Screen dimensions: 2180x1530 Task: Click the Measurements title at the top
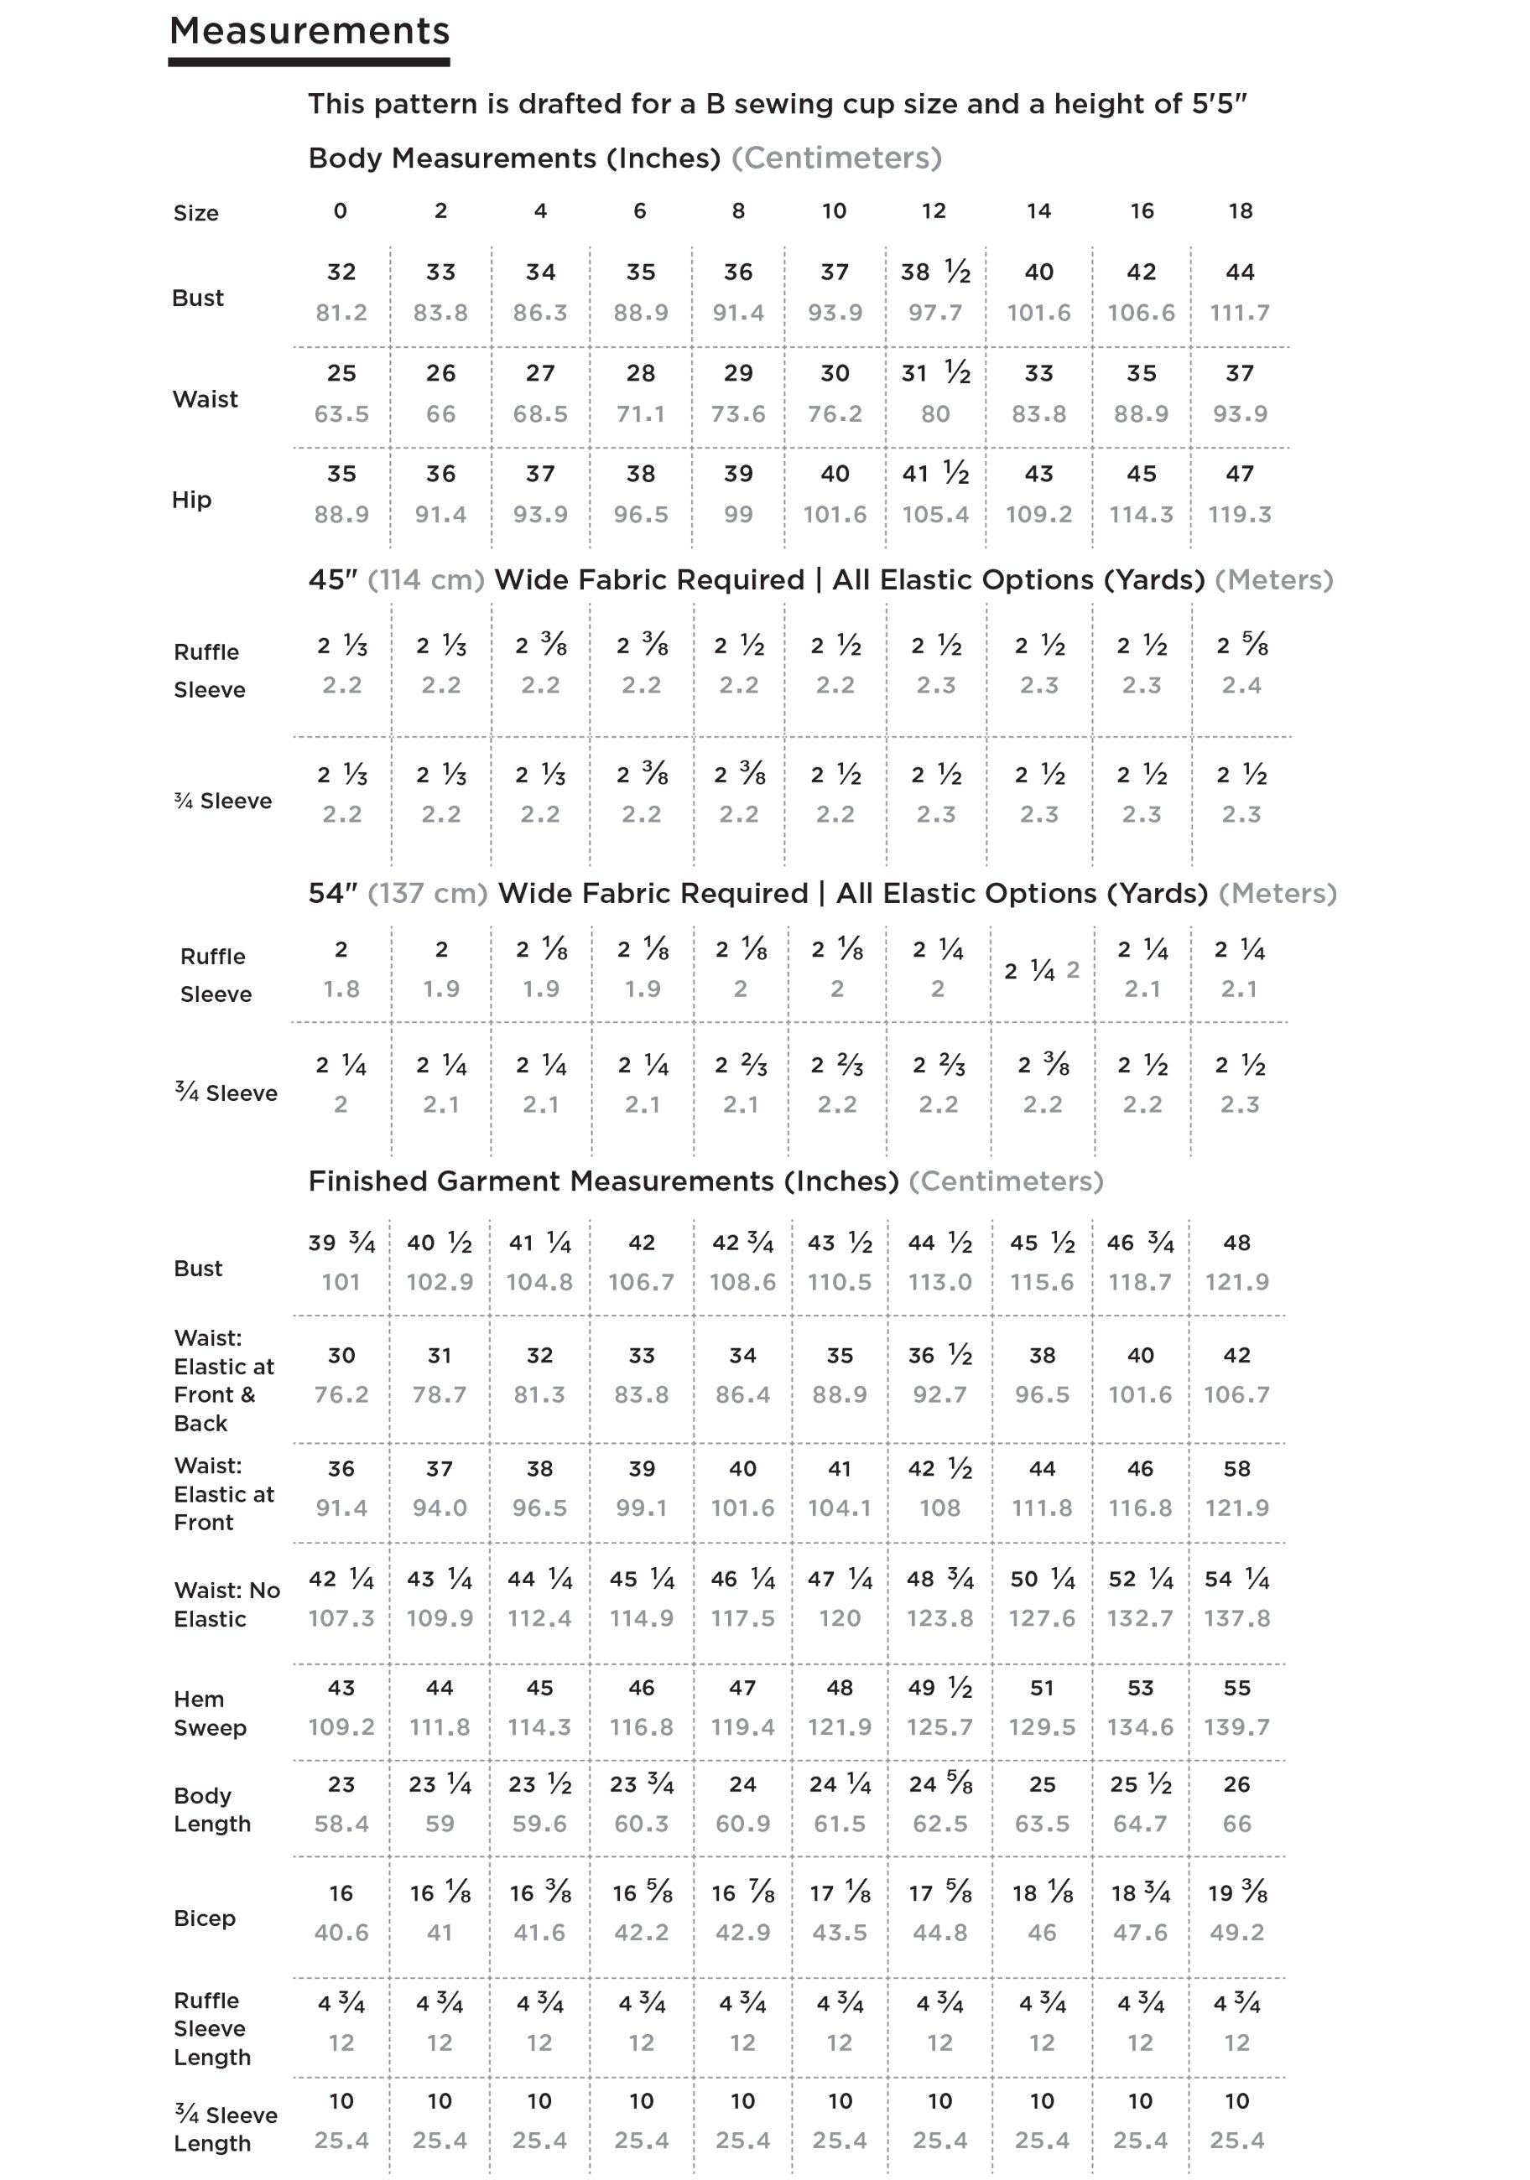(309, 31)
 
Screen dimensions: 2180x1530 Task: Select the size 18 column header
(1241, 210)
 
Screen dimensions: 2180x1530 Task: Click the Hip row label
(191, 500)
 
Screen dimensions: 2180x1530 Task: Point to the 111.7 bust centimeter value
(1240, 313)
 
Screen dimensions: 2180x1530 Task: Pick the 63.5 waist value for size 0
(341, 414)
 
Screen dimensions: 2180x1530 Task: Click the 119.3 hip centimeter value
(1240, 515)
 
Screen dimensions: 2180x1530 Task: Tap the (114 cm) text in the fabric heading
(425, 579)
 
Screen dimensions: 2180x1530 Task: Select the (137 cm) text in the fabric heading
(427, 894)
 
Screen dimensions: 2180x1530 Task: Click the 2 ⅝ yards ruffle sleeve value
(1241, 646)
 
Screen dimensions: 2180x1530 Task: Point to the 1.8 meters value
(341, 989)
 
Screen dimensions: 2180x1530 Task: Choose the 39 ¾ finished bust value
(341, 1243)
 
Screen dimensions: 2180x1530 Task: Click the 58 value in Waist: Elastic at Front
(1236, 1469)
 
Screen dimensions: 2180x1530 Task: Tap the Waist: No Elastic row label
(227, 1605)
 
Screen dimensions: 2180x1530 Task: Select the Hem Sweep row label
(210, 1714)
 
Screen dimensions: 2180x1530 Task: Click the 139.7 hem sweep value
(1236, 1727)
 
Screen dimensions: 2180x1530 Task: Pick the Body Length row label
(211, 1809)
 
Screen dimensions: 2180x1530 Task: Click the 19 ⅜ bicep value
(1236, 1893)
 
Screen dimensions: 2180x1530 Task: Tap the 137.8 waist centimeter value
(1236, 1618)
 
